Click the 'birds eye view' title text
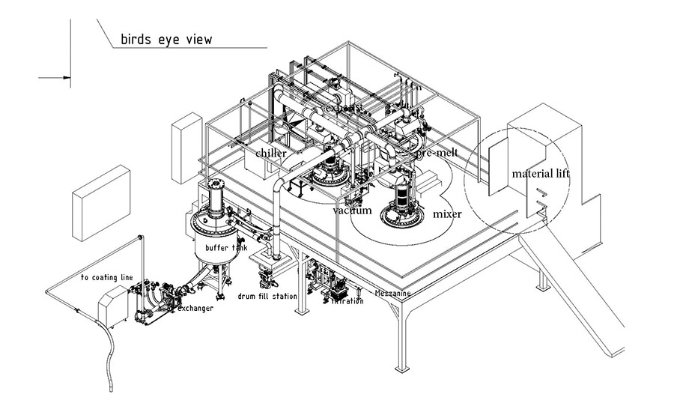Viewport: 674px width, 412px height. [x=166, y=40]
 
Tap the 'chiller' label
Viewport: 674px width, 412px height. [x=271, y=154]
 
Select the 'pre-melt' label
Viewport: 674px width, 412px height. [x=437, y=152]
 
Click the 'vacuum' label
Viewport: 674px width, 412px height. [x=353, y=210]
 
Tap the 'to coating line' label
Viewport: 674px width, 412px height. [x=106, y=277]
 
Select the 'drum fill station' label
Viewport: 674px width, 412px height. [x=267, y=297]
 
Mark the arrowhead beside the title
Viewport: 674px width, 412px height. [x=67, y=76]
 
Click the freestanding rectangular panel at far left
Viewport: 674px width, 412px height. [x=101, y=193]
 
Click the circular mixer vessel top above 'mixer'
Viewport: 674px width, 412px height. [x=404, y=215]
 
